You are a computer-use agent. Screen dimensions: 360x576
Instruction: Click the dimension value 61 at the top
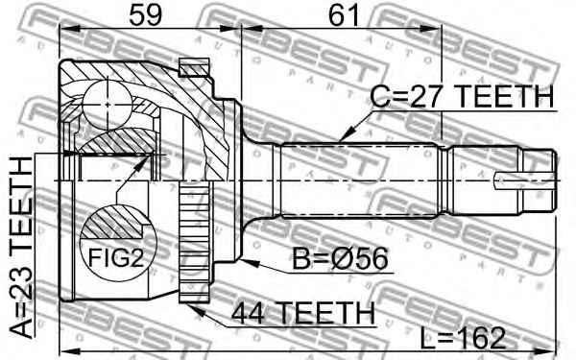pyautogui.click(x=341, y=15)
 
